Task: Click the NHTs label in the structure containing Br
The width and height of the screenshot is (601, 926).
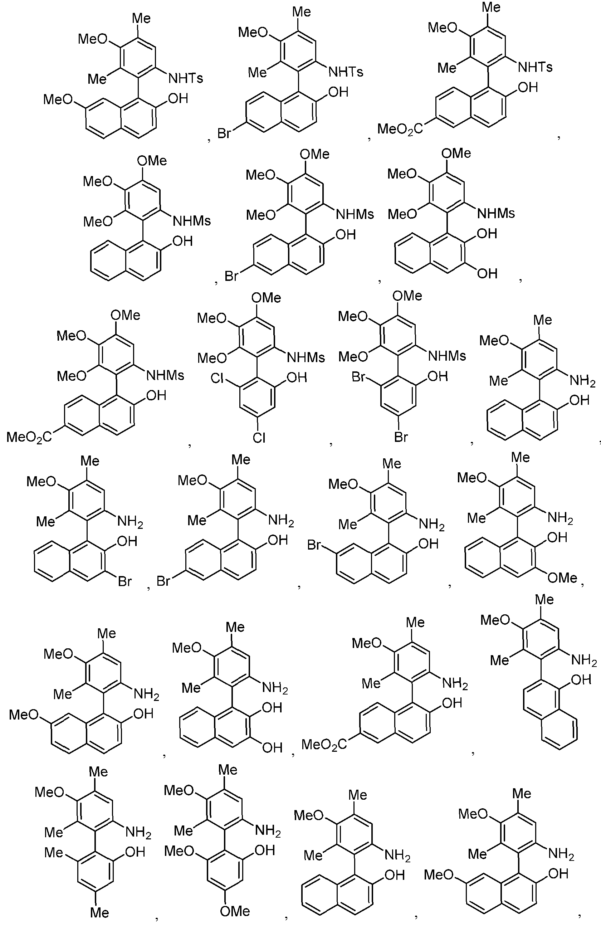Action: pyautogui.click(x=346, y=72)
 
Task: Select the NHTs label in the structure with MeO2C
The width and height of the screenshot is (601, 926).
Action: pyautogui.click(x=535, y=67)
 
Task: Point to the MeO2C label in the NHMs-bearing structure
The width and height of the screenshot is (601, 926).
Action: pyautogui.click(x=29, y=437)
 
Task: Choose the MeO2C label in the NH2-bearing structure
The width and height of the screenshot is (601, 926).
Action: pyautogui.click(x=324, y=745)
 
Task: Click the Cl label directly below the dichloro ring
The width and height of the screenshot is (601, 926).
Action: pyautogui.click(x=259, y=438)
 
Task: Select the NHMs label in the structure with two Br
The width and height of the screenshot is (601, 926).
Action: pyautogui.click(x=447, y=356)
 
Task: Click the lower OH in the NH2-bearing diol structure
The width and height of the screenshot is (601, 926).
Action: pyautogui.click(x=272, y=747)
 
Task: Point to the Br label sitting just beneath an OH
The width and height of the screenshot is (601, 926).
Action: pyautogui.click(x=125, y=582)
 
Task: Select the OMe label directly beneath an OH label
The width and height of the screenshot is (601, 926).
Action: pyautogui.click(x=562, y=578)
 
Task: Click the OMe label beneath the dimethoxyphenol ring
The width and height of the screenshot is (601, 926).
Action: pyautogui.click(x=235, y=911)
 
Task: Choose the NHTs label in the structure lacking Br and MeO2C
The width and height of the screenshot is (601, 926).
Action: pyautogui.click(x=186, y=78)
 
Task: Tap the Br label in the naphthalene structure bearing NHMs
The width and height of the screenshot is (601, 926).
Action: pyautogui.click(x=231, y=276)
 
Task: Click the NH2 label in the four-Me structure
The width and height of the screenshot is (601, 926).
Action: pyautogui.click(x=138, y=832)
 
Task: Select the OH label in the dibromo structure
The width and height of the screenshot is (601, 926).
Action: pyautogui.click(x=438, y=376)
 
